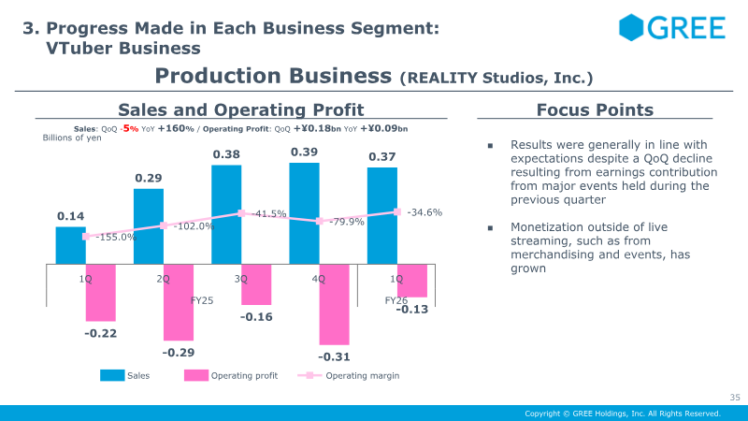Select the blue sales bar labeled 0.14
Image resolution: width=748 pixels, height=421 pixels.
click(70, 245)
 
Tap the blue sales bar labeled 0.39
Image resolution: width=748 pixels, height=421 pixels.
click(304, 213)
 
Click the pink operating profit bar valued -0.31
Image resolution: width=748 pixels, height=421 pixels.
click(334, 304)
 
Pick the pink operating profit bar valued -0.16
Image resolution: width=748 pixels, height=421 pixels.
click(256, 284)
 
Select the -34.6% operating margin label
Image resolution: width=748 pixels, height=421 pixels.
click(424, 212)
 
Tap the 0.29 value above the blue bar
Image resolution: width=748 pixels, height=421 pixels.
click(149, 178)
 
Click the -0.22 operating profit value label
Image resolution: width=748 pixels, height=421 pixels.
click(100, 333)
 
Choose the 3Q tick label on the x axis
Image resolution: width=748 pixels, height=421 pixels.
click(241, 278)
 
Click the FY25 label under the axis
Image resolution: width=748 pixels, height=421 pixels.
click(202, 300)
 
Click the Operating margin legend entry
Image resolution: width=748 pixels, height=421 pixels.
click(349, 376)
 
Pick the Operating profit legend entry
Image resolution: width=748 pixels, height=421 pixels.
click(232, 376)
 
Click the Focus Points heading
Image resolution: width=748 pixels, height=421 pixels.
click(595, 109)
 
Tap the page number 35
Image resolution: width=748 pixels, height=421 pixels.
click(734, 398)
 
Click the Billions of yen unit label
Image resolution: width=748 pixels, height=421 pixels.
click(72, 138)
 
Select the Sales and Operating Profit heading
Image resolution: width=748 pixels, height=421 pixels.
click(240, 109)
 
